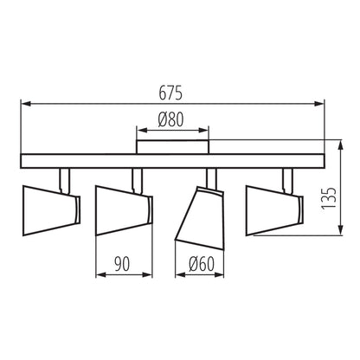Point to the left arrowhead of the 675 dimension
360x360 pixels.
(26, 105)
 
